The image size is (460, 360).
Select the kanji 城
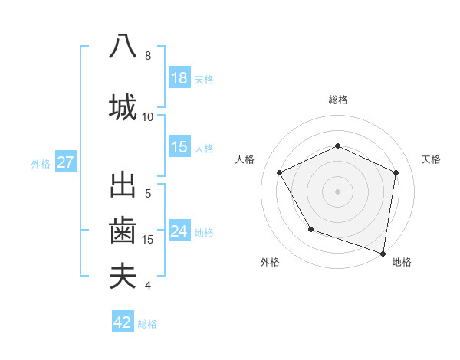(x=123, y=107)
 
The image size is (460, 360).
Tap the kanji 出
(x=123, y=185)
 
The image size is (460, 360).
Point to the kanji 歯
(x=123, y=231)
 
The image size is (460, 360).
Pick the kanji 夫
(x=123, y=276)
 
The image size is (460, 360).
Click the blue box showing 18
(x=179, y=78)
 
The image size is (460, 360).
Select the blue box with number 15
(x=179, y=147)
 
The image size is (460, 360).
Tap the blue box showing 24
(x=179, y=231)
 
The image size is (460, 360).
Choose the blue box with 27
(x=66, y=162)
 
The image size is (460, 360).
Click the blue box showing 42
(x=123, y=322)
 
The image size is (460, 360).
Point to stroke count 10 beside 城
(x=148, y=117)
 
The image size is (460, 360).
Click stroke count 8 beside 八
(x=148, y=56)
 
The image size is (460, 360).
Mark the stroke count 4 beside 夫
(x=148, y=286)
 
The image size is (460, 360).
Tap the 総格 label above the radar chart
(x=338, y=100)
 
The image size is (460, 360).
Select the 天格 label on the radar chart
(x=431, y=159)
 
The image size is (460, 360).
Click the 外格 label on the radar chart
(x=271, y=262)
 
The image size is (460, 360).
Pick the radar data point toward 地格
(x=382, y=252)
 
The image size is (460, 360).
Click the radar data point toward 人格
(x=280, y=172)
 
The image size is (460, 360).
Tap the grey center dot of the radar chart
(x=338, y=191)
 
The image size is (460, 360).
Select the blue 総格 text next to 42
(x=147, y=324)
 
